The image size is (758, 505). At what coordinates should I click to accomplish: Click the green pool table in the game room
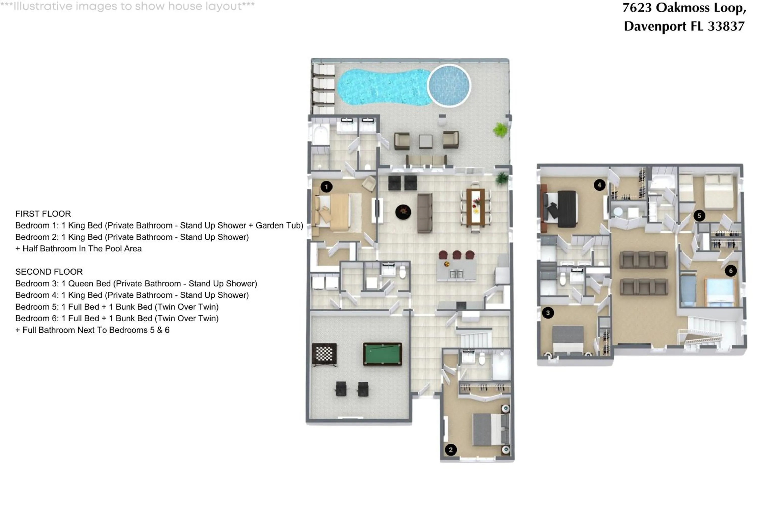point(382,354)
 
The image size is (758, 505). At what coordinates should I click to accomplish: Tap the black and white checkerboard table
point(324,354)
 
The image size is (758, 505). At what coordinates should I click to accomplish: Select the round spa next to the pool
point(449,86)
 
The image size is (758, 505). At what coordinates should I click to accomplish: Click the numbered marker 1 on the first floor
point(326,187)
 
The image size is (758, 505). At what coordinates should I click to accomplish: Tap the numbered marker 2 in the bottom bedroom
point(451,450)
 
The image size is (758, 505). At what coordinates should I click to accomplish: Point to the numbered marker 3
point(548,313)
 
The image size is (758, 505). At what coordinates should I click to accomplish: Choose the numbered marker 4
point(599,185)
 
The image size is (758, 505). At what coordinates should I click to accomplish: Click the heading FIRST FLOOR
point(43,214)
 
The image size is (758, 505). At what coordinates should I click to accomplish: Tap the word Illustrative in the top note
point(43,6)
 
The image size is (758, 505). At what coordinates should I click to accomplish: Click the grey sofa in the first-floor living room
point(425,213)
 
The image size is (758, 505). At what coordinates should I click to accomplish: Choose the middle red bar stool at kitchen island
point(457,255)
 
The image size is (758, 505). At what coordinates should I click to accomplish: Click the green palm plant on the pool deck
point(500,130)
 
